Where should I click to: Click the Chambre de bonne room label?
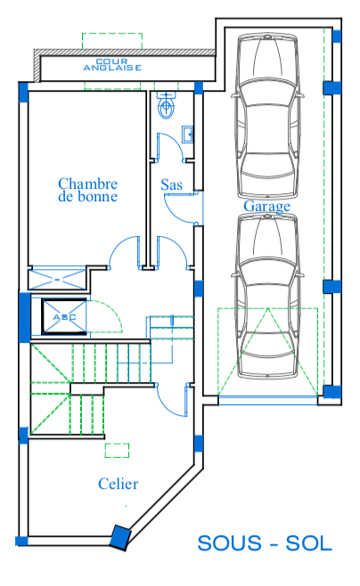(x=88, y=190)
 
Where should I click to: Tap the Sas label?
(x=172, y=184)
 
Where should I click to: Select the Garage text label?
(x=267, y=207)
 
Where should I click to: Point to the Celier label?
(x=119, y=484)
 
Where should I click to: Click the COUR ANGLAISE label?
(x=112, y=65)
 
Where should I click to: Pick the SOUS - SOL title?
(x=265, y=543)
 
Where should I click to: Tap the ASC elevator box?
(x=64, y=316)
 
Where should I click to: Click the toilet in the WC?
(x=166, y=104)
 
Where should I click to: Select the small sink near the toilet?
(x=188, y=134)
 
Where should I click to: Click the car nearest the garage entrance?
(x=267, y=297)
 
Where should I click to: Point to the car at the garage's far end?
(x=267, y=116)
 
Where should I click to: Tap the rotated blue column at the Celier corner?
(x=120, y=537)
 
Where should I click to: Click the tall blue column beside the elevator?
(x=25, y=317)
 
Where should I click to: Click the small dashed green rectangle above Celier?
(x=117, y=451)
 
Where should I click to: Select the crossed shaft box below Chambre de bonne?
(x=57, y=278)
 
